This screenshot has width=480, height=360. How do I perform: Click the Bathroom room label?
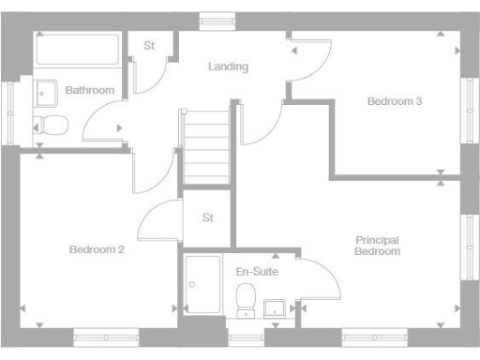click(x=90, y=90)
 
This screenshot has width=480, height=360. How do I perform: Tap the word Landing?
click(x=228, y=67)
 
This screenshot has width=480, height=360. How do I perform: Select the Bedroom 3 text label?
click(x=394, y=101)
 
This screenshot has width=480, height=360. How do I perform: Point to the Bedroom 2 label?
click(x=97, y=249)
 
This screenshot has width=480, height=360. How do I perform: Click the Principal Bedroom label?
click(x=378, y=246)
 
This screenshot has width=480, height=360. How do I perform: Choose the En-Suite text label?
click(x=257, y=271)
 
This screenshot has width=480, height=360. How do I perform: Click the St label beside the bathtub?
click(x=149, y=46)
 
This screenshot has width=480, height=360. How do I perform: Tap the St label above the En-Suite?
click(x=208, y=217)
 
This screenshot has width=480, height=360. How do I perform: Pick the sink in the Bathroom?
click(x=44, y=94)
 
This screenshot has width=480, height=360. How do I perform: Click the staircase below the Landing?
click(x=205, y=147)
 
